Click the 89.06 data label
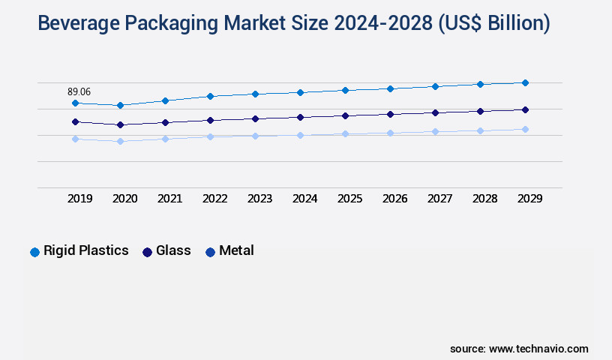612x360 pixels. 79,91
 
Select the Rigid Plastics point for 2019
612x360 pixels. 75,103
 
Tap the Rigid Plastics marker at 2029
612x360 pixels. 525,82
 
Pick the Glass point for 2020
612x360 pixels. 120,124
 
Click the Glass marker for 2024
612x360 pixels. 300,117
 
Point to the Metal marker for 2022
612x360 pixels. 210,136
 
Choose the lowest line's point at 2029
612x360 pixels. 525,129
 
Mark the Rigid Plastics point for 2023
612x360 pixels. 255,94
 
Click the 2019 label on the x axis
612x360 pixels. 79,199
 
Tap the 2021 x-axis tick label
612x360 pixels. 169,199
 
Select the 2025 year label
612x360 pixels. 349,199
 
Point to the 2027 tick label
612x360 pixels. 439,199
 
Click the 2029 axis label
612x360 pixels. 529,199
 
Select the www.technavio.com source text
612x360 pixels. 538,349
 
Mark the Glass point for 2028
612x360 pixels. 480,111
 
